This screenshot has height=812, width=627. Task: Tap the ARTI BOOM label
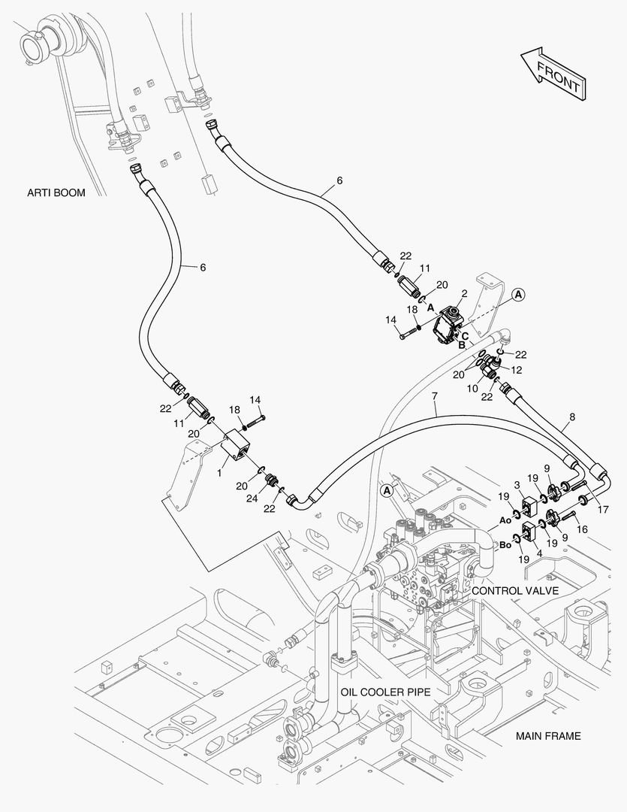[x=56, y=192]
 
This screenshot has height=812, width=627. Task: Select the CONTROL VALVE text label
[x=515, y=590]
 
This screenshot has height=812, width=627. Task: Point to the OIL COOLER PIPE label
[x=385, y=692]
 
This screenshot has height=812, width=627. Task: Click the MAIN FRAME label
[x=548, y=736]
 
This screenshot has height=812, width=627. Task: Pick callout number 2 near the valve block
[x=465, y=294]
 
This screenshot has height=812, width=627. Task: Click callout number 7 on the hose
[x=435, y=396]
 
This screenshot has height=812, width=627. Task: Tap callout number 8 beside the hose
[x=571, y=417]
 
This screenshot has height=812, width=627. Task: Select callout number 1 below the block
[x=219, y=473]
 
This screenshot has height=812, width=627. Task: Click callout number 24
[x=252, y=498]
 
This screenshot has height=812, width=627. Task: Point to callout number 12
[x=517, y=370]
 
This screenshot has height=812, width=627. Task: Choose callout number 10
[x=472, y=389]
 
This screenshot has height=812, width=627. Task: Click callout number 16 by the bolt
[x=582, y=529]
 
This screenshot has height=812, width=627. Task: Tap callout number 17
[x=603, y=510]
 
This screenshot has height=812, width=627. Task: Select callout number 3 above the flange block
[x=517, y=485]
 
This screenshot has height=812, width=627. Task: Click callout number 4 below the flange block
[x=540, y=553]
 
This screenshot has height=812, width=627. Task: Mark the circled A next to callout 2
[x=518, y=295]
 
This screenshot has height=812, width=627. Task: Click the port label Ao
[x=505, y=520]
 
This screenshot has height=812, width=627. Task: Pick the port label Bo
[x=505, y=545]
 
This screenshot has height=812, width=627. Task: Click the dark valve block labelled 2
[x=448, y=327]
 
